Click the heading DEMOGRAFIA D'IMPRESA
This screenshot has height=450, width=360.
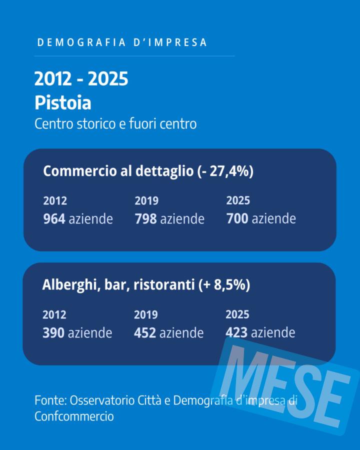click(x=122, y=42)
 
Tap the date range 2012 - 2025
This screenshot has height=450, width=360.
click(x=81, y=79)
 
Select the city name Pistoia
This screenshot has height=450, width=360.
click(x=62, y=102)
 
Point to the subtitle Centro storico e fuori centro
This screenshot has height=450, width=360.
click(x=115, y=123)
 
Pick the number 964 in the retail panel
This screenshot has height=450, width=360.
click(x=54, y=219)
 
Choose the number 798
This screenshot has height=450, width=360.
click(x=145, y=219)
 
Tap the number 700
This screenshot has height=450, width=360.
click(x=237, y=219)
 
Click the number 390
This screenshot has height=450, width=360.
click(x=53, y=332)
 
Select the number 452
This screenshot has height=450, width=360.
click(x=145, y=332)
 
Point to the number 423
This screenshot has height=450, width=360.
click(x=236, y=332)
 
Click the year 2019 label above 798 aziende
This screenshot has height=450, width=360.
click(x=146, y=201)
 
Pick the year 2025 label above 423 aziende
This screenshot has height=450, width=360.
click(x=237, y=314)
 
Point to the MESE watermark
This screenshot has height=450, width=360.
click(x=287, y=385)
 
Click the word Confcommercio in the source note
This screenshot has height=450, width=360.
click(x=74, y=416)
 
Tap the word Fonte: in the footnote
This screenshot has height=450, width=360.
click(x=50, y=400)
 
